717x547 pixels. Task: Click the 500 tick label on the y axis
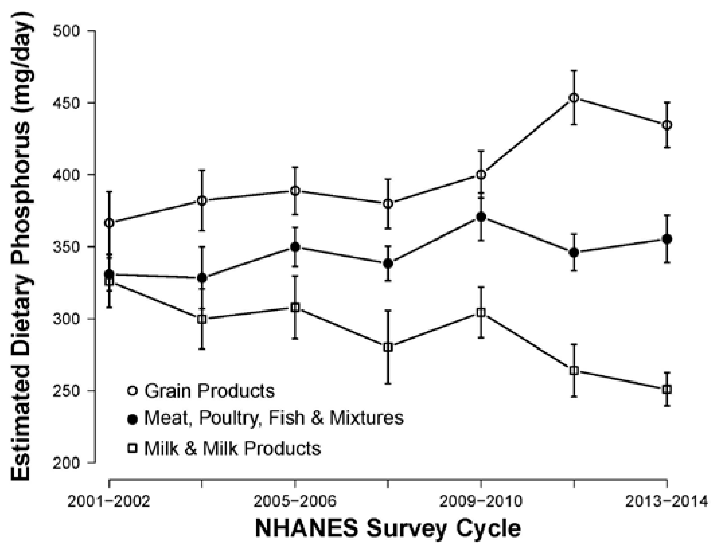coord(66,31)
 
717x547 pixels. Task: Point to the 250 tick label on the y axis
coord(66,391)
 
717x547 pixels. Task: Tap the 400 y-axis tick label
coord(66,175)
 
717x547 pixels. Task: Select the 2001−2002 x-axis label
coord(109,502)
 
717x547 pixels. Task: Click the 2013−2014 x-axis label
coord(667,502)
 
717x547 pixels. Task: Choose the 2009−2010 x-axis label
coord(481,502)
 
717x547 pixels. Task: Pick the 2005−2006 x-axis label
coord(295,502)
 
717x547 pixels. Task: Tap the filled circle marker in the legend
coord(133,420)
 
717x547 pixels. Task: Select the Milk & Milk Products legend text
coord(232,448)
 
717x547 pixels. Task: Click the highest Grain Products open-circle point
coord(574,98)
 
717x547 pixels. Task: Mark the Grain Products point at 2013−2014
coord(667,125)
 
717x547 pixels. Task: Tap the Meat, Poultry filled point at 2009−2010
coord(481,217)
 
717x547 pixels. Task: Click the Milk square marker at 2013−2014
coord(667,390)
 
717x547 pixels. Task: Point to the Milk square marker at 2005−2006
coord(295,307)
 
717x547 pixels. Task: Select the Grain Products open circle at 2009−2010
coord(481,175)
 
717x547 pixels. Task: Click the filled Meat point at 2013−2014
coord(667,239)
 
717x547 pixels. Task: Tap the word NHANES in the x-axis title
coord(306,528)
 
